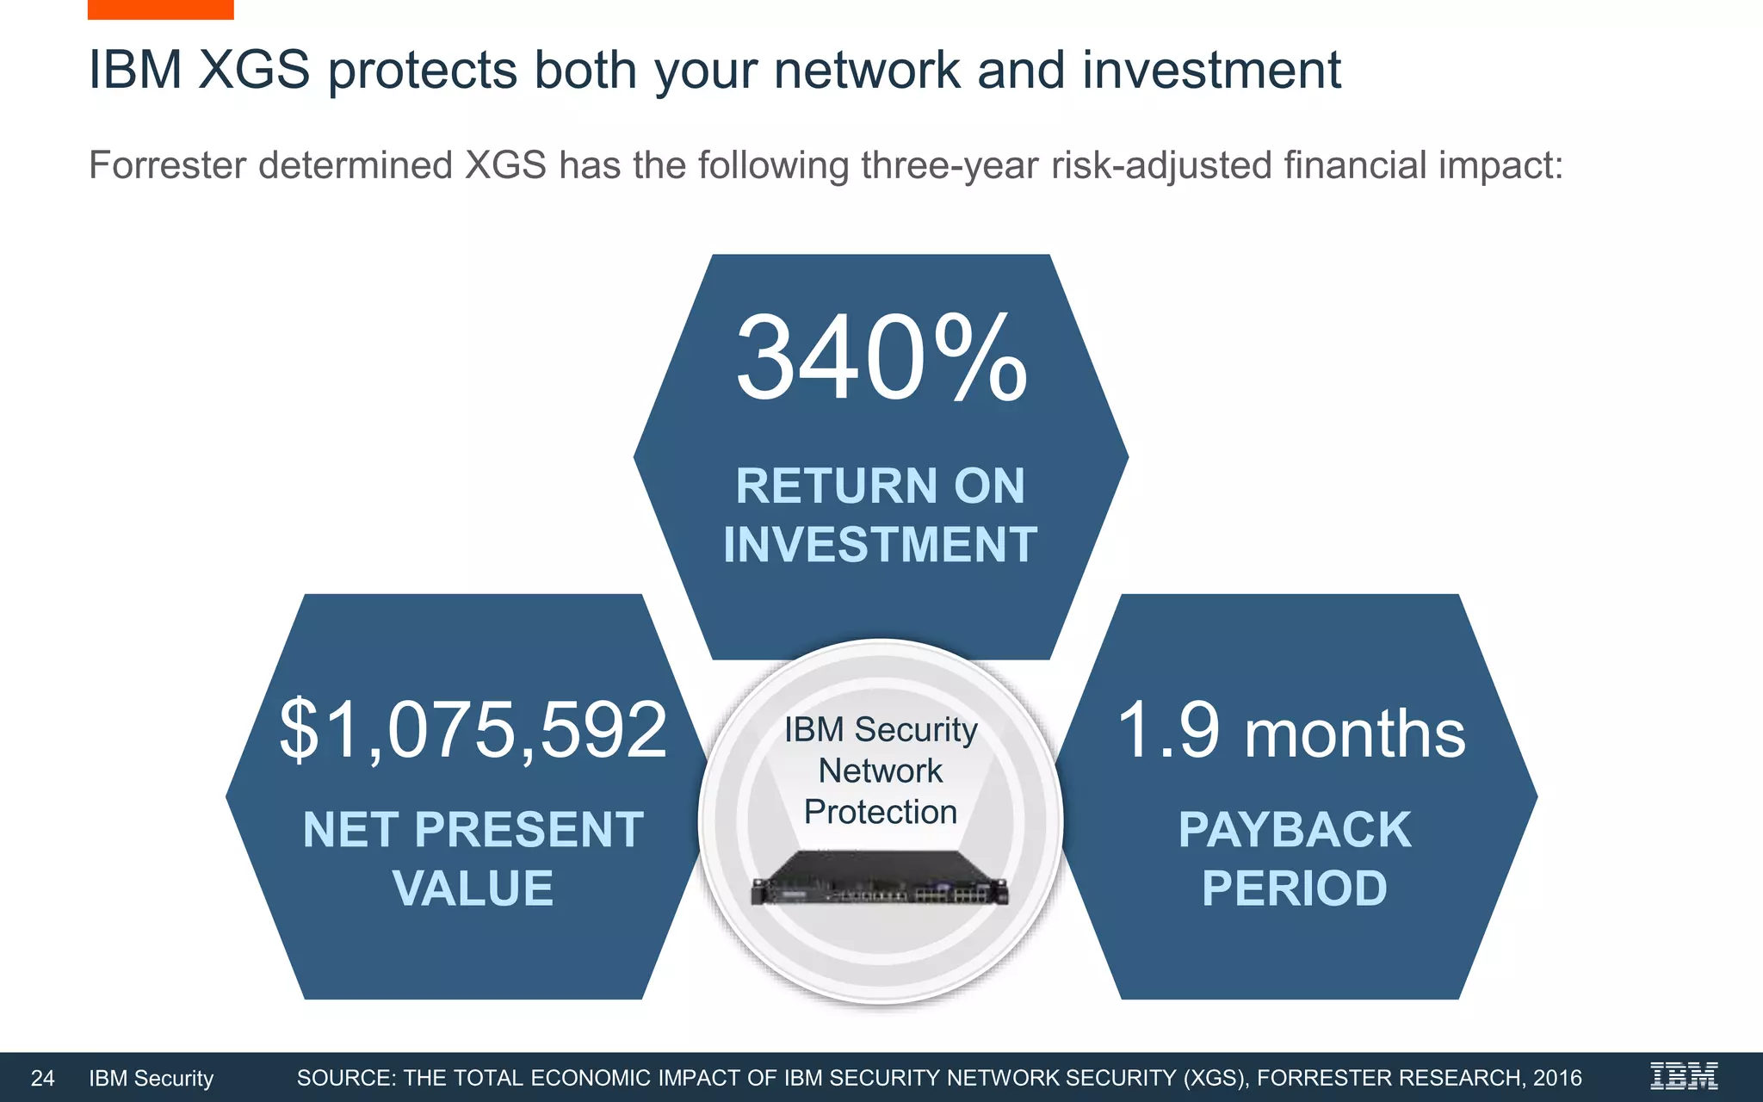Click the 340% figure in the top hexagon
point(881,358)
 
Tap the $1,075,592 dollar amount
point(473,730)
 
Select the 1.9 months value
point(1290,732)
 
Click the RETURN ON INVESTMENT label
point(880,515)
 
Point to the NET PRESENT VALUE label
point(473,858)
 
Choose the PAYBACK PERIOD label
point(1294,858)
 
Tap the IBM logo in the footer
point(1683,1076)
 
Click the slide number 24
point(42,1078)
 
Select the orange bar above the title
point(160,9)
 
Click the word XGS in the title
point(254,70)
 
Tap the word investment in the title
point(1211,70)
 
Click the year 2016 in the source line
point(1556,1078)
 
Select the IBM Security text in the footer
point(151,1078)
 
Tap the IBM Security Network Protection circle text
point(880,771)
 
